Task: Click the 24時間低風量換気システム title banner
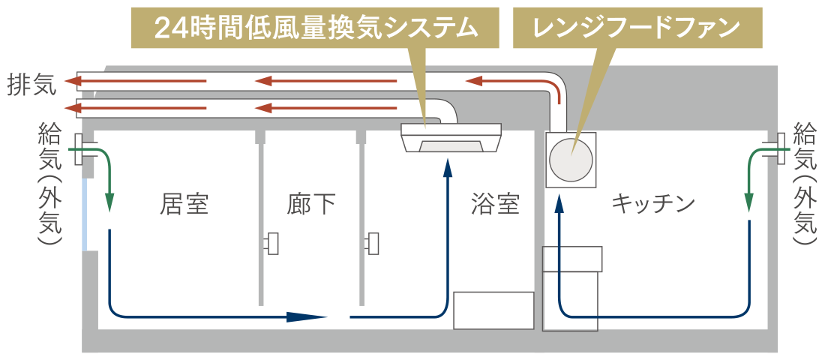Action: tap(315, 28)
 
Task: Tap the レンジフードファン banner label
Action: tap(636, 28)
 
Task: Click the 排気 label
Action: tap(31, 85)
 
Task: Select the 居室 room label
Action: tap(184, 203)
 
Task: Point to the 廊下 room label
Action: tap(311, 203)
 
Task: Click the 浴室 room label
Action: tap(495, 203)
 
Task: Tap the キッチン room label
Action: tap(652, 203)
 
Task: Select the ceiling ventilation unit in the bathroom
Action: tap(451, 138)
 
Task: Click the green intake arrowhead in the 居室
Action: tap(109, 203)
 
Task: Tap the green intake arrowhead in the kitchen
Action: tap(748, 203)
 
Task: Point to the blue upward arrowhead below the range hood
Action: tap(559, 203)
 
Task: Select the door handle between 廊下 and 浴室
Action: tap(373, 243)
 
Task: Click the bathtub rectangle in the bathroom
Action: tap(493, 310)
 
